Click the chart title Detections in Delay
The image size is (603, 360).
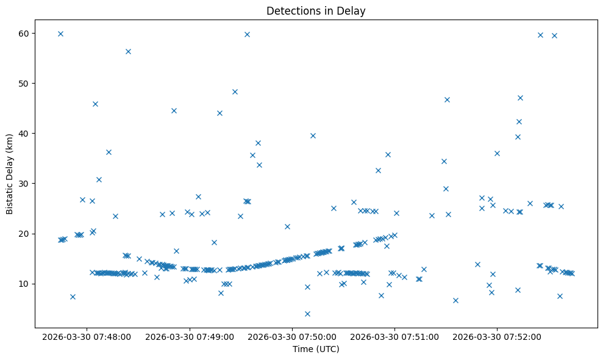click(x=316, y=10)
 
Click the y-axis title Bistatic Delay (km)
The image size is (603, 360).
click(x=10, y=174)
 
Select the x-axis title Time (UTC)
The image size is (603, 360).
click(x=316, y=349)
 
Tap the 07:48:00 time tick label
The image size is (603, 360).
click(x=87, y=336)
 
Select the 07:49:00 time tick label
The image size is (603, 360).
click(x=190, y=336)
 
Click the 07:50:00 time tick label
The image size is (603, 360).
click(x=292, y=336)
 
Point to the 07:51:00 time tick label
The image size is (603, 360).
click(x=395, y=336)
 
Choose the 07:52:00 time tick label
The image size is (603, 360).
click(x=498, y=336)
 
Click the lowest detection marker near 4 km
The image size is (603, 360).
click(x=307, y=314)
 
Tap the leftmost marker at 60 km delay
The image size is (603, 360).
click(x=60, y=34)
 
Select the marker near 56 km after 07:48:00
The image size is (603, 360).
click(x=128, y=51)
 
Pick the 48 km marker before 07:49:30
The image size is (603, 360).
click(x=235, y=92)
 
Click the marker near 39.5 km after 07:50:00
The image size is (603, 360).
click(x=313, y=135)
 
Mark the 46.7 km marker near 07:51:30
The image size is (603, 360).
click(x=447, y=99)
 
